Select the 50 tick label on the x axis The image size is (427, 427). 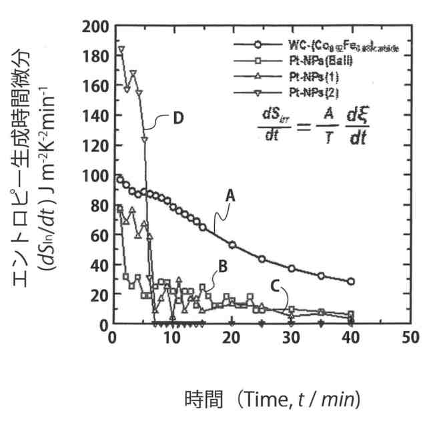pyautogui.click(x=409, y=338)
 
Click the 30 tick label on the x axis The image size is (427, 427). pyautogui.click(x=290, y=338)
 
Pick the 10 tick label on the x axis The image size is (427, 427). pyautogui.click(x=171, y=338)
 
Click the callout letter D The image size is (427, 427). pyautogui.click(x=178, y=118)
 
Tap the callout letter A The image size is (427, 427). pyautogui.click(x=230, y=195)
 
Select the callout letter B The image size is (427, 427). pyautogui.click(x=223, y=266)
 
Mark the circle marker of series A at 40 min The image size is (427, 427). pyautogui.click(x=351, y=282)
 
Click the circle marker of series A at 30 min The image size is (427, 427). pyautogui.click(x=292, y=268)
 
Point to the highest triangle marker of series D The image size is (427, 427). pyautogui.click(x=121, y=49)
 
